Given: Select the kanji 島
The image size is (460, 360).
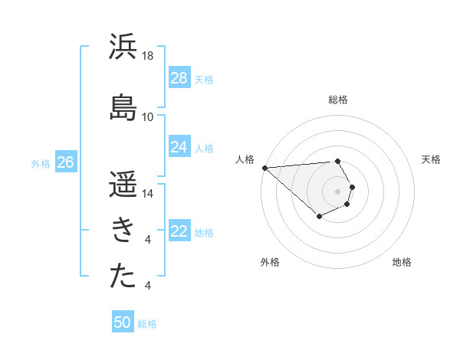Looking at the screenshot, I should point(123,106).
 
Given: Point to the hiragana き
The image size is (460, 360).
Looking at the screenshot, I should point(123,229).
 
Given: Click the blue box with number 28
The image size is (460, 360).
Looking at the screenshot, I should point(179,78).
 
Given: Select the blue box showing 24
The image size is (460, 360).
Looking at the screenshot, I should point(179,147).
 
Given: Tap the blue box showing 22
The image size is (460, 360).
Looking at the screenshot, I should point(179,232).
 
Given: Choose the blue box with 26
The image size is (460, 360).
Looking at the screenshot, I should point(65,162).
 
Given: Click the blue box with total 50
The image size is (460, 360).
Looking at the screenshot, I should point(123,322).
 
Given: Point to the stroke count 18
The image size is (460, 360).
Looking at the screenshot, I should point(148,56).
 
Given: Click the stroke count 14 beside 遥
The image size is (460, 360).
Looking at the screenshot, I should point(148,194).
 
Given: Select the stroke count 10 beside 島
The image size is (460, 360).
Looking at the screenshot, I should point(148,116).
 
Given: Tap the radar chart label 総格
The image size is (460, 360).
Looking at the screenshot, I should point(338,100).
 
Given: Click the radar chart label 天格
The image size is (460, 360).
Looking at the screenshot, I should point(431,159).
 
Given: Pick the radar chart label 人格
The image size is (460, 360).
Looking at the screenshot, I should point(245,159).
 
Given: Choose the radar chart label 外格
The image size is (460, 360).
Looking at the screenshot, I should point(270,262).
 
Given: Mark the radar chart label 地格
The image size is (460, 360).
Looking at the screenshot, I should point(402,262).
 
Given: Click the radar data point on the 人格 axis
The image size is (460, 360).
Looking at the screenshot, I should point(264,168).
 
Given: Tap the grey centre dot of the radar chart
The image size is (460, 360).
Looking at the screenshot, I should point(337,191).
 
